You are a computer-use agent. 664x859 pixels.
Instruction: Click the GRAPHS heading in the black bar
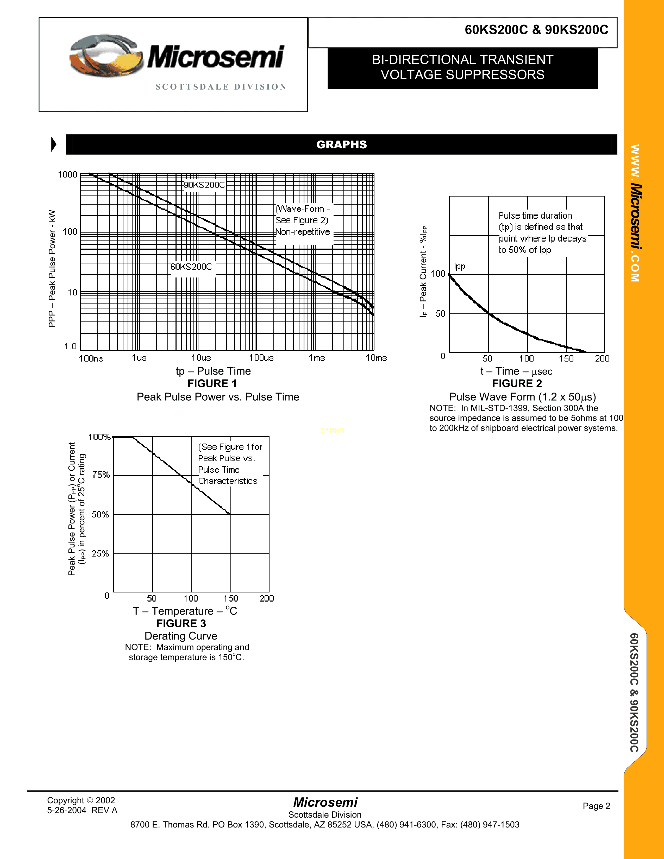coord(341,144)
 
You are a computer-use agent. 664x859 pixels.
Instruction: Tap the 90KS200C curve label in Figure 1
coord(204,185)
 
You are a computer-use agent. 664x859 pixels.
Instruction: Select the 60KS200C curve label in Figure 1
coord(191,267)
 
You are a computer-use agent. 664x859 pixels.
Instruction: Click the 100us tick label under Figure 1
coord(261,357)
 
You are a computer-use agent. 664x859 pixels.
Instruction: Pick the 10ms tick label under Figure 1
coord(376,357)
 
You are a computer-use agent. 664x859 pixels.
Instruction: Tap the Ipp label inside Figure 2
coord(459,266)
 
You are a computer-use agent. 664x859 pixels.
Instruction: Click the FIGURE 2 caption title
coord(517,383)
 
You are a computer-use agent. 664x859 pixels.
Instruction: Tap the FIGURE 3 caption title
coord(181,623)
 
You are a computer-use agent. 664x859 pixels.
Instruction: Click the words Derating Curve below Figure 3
coord(181,636)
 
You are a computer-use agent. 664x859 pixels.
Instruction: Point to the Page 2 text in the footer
coord(596,806)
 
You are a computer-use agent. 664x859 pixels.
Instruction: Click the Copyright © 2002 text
coord(81,800)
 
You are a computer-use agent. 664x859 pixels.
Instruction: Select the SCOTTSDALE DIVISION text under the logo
coord(221,87)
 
